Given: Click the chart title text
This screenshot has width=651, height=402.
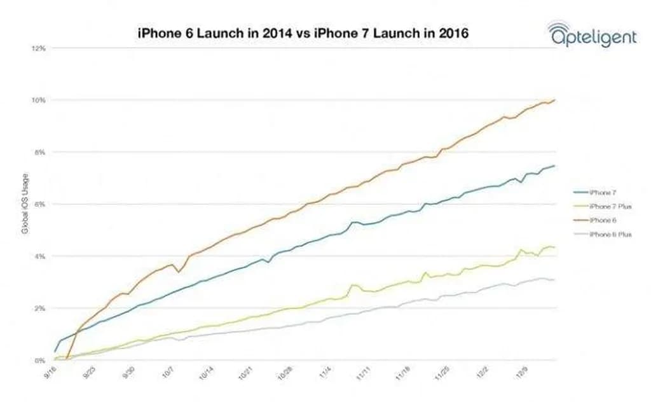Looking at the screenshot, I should tap(303, 32).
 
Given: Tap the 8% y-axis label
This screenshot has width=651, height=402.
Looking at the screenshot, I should tap(39, 153).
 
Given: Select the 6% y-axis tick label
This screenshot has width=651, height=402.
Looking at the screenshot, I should tap(39, 204).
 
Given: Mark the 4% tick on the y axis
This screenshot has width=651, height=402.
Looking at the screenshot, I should tap(39, 256).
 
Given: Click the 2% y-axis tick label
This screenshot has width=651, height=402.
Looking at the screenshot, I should tap(39, 308).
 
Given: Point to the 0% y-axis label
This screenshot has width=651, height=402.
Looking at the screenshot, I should tap(39, 361).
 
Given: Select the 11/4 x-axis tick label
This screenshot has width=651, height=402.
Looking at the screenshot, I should tap(326, 375).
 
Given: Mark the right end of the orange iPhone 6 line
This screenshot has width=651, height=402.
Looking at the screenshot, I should tap(556, 100).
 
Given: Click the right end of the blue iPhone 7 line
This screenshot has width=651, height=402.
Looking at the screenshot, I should tap(555, 166).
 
